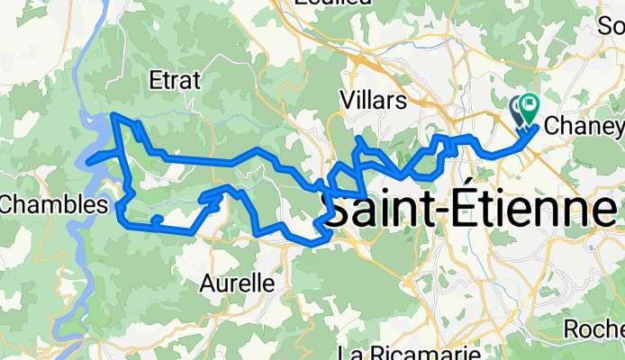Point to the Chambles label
tap(48, 204)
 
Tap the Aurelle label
tap(237, 283)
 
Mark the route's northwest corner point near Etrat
tap(113, 114)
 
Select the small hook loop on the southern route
tap(157, 219)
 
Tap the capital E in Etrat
tap(153, 80)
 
